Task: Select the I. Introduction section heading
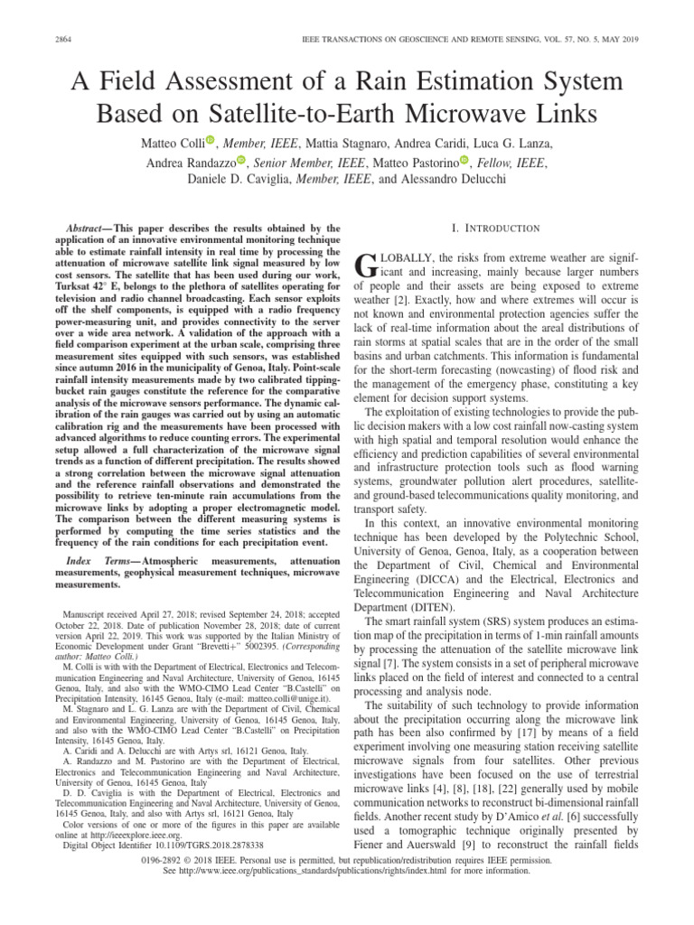point(501,228)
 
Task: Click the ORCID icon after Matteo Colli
point(211,140)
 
